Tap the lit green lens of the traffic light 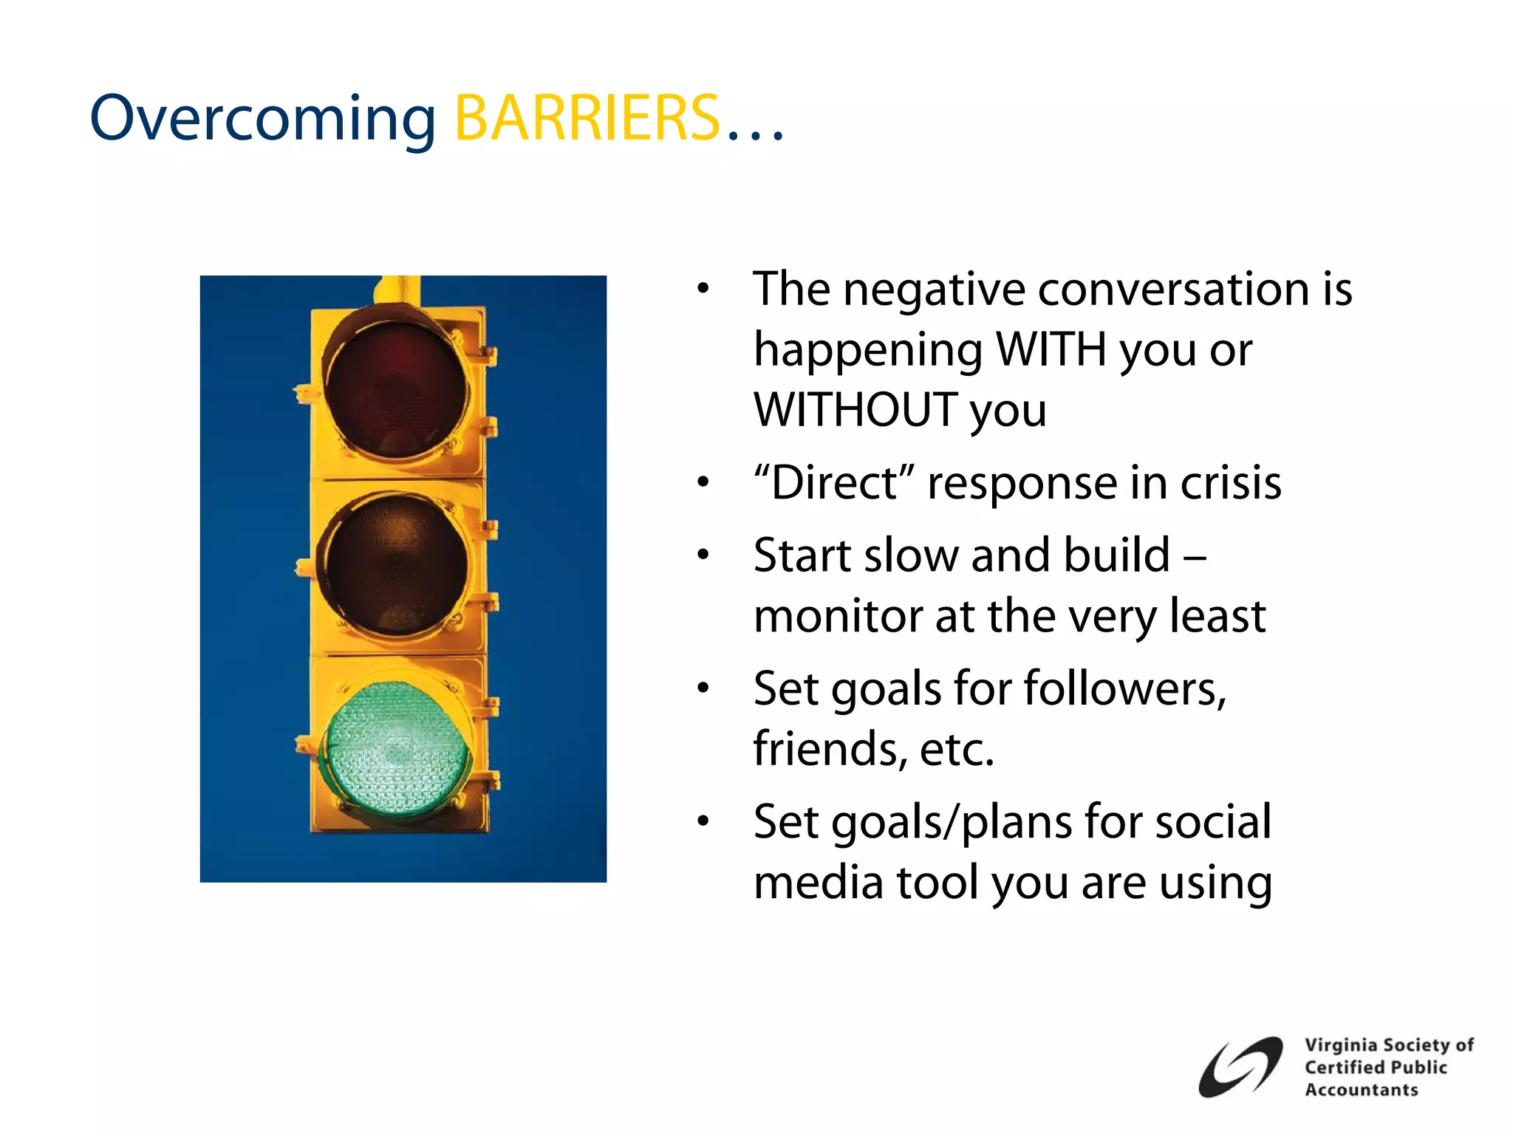[397, 747]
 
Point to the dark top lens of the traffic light [397, 388]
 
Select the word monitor [839, 617]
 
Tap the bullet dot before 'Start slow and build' [703, 555]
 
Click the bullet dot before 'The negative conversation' [703, 289]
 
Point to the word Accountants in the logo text [1361, 1089]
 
